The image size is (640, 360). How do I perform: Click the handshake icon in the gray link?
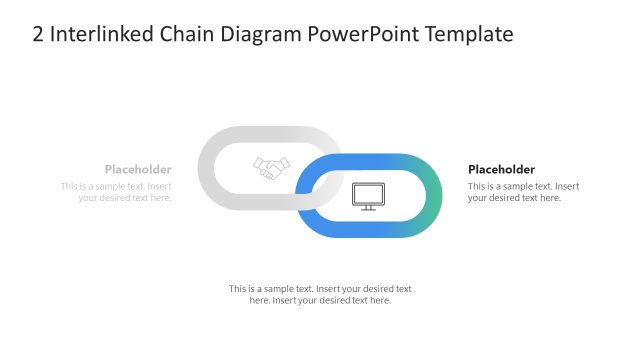pyautogui.click(x=271, y=168)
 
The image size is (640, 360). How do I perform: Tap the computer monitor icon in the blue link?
pyautogui.click(x=367, y=195)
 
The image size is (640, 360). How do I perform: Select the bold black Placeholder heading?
pyautogui.click(x=501, y=169)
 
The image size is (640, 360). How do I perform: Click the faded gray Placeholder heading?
pyautogui.click(x=138, y=169)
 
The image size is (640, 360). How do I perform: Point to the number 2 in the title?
pyautogui.click(x=38, y=34)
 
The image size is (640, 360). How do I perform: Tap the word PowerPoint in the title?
pyautogui.click(x=361, y=34)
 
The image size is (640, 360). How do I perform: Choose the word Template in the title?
pyautogui.click(x=468, y=34)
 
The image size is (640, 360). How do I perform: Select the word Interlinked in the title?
pyautogui.click(x=99, y=34)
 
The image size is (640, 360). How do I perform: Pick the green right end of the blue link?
pyautogui.click(x=430, y=196)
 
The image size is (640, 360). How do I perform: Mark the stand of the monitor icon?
pyautogui.click(x=367, y=207)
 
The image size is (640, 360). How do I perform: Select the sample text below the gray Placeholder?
pyautogui.click(x=116, y=191)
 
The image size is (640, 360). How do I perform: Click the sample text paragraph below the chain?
pyautogui.click(x=320, y=294)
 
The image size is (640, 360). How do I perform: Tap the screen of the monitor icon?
pyautogui.click(x=367, y=192)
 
